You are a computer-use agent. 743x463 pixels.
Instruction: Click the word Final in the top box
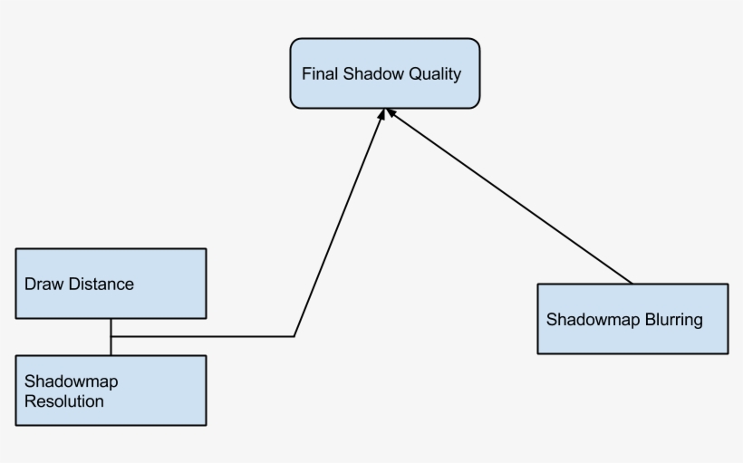pos(320,74)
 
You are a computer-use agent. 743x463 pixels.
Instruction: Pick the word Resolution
pos(64,400)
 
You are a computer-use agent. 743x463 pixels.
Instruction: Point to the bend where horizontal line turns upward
pos(294,336)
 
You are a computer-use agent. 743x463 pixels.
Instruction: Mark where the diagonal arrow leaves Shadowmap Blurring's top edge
pos(632,284)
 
